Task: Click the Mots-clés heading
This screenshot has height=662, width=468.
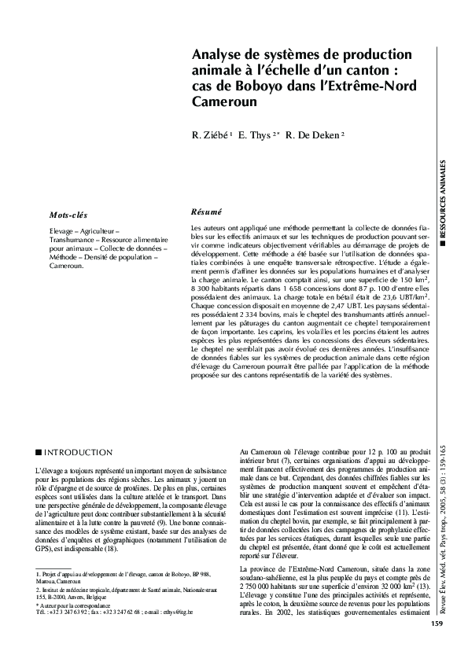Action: [x=68, y=215]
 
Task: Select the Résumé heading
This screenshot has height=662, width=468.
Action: [x=207, y=211]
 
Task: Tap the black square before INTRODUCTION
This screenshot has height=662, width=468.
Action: [x=39, y=454]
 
